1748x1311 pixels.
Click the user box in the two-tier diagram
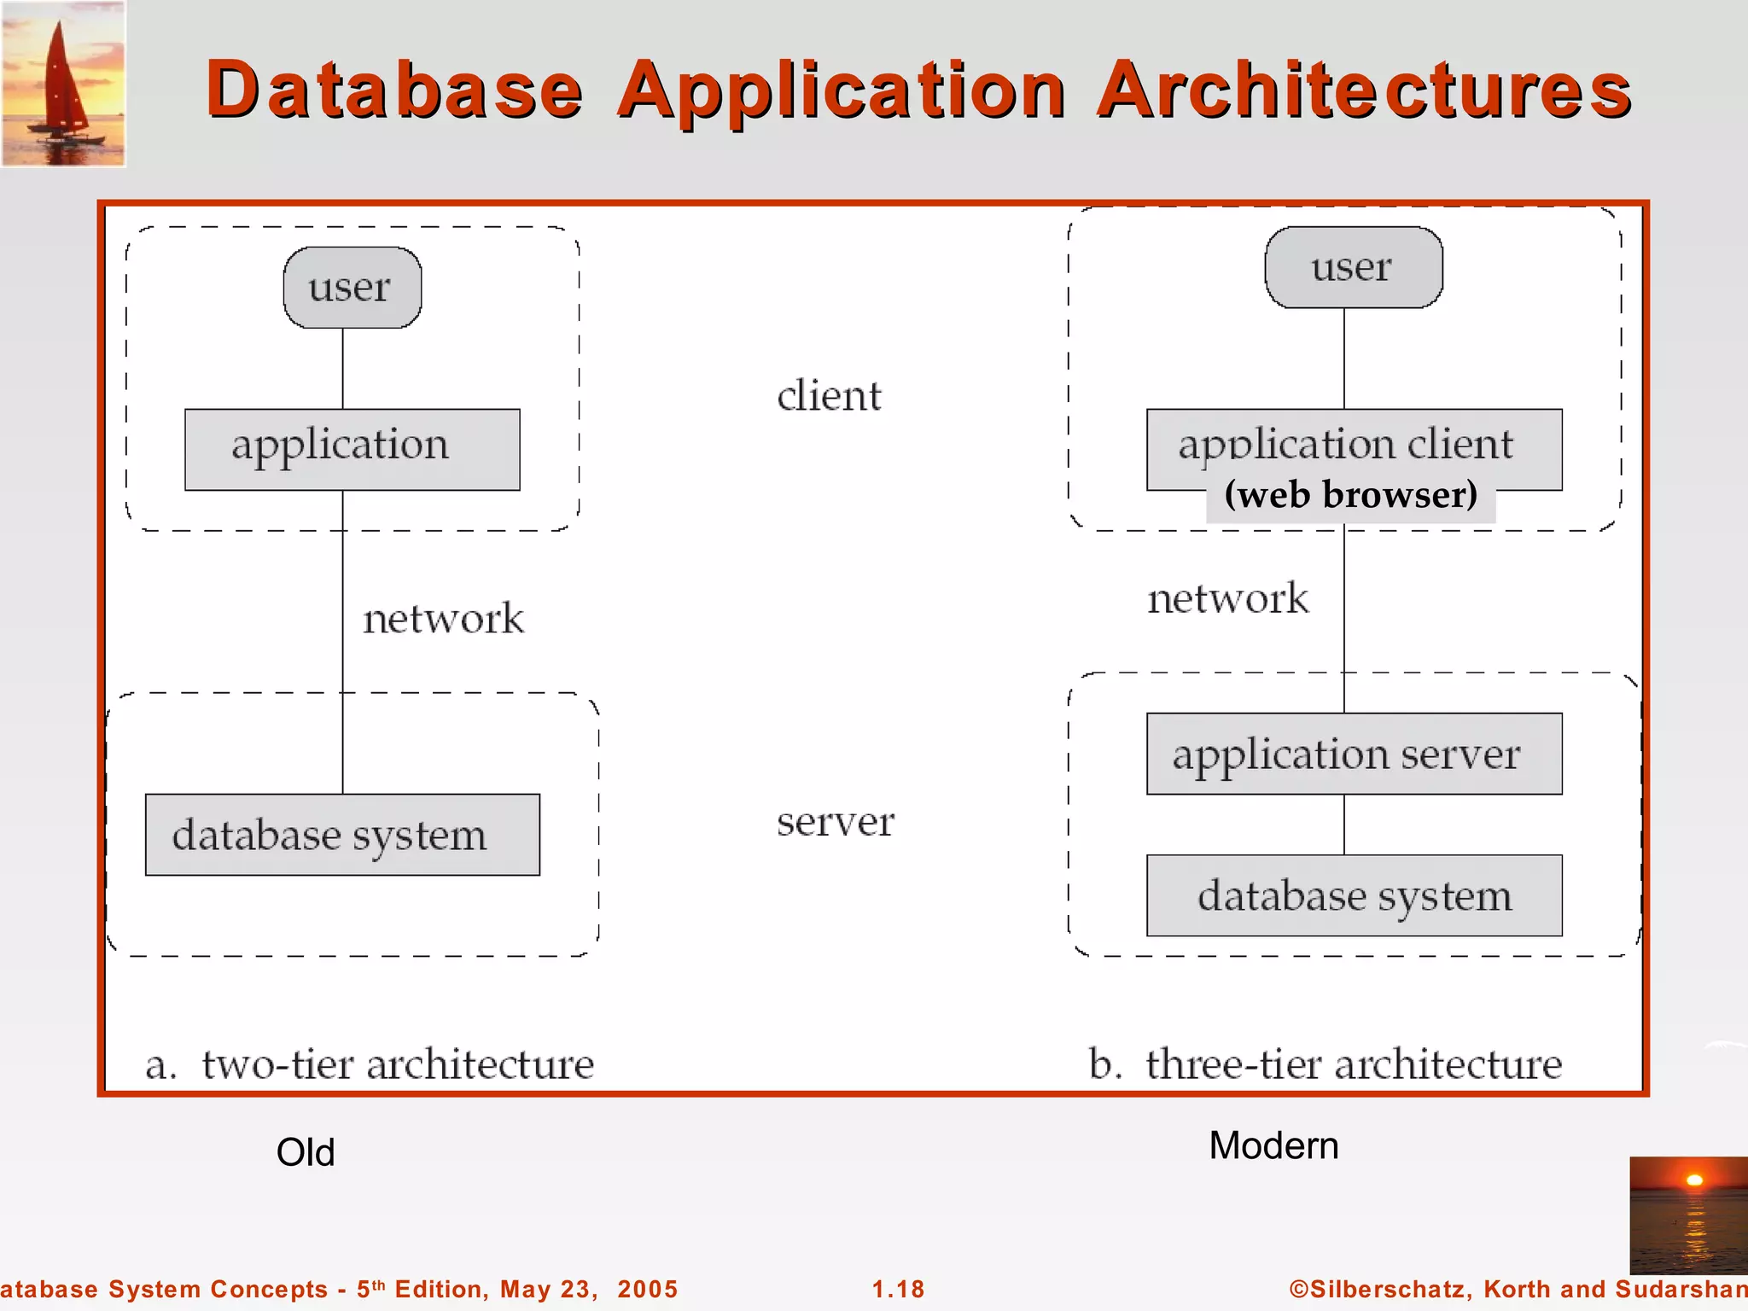click(352, 288)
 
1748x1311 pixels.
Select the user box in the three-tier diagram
click(1353, 267)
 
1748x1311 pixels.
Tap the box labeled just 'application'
click(352, 449)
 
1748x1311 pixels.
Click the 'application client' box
click(1353, 444)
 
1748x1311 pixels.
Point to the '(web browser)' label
click(1350, 496)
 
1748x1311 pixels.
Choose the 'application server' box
click(1354, 754)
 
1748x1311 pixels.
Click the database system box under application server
click(1354, 895)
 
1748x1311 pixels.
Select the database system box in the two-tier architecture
click(341, 835)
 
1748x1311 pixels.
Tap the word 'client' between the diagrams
click(829, 396)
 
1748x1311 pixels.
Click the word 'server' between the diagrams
click(835, 822)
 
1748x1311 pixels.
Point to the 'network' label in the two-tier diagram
click(443, 619)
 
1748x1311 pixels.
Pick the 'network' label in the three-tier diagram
click(1227, 598)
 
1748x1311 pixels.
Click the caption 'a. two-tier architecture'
click(370, 1064)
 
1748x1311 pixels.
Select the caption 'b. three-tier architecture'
click(1325, 1064)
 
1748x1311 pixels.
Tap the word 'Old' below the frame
click(306, 1152)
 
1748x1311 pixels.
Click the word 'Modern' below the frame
click(1273, 1145)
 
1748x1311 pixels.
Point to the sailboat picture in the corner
click(63, 84)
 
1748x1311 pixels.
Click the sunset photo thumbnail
click(1688, 1215)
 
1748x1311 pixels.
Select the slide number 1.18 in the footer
click(898, 1289)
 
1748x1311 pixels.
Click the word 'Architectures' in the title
click(1364, 90)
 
